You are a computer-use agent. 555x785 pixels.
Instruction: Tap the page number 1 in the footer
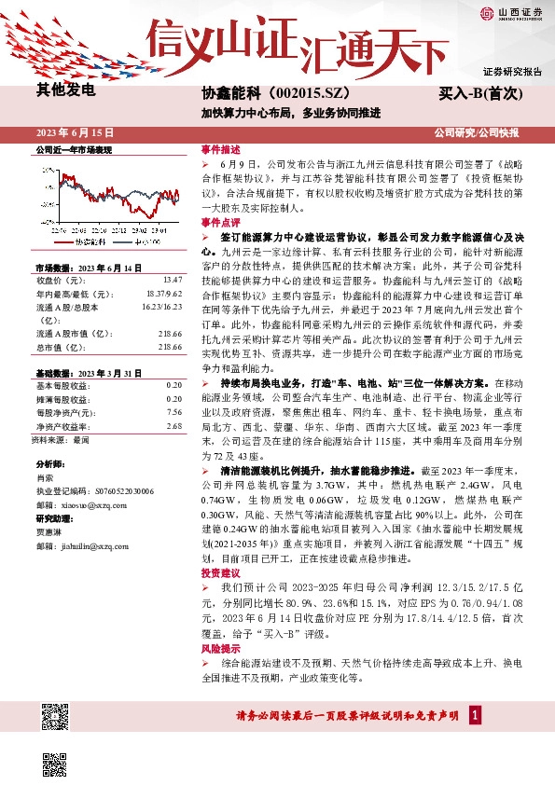tap(475, 716)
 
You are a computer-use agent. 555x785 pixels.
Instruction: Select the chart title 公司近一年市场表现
tap(73, 149)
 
